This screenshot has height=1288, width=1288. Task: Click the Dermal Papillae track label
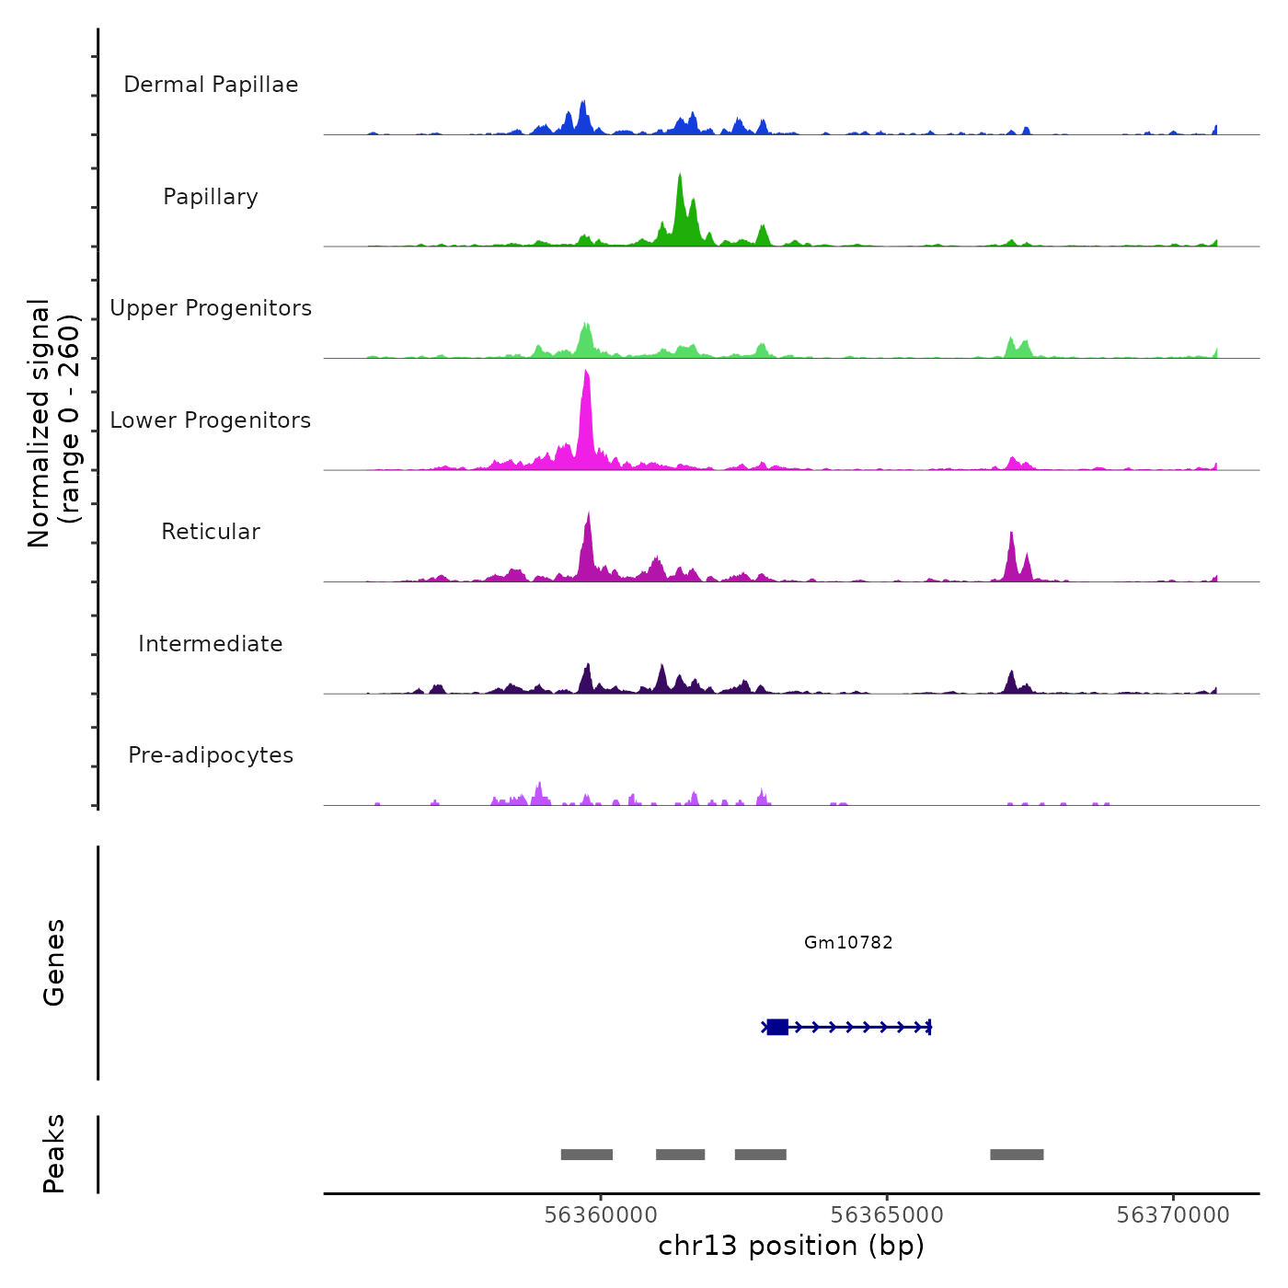[x=211, y=85]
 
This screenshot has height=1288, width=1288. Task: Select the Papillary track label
[x=211, y=197]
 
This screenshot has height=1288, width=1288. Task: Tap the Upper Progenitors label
[x=211, y=308]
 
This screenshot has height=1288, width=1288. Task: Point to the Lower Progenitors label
[x=211, y=420]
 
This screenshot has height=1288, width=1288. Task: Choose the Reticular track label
[x=211, y=532]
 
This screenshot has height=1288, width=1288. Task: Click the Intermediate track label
[x=211, y=644]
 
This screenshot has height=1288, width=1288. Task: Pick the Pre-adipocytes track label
[x=211, y=755]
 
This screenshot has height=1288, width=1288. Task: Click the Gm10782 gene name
[x=848, y=942]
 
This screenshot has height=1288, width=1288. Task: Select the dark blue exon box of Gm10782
[x=777, y=1027]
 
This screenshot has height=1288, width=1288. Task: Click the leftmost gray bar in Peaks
[x=587, y=1155]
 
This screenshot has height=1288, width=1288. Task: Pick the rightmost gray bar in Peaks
[x=1017, y=1155]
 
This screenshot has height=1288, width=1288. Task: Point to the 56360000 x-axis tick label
[x=601, y=1215]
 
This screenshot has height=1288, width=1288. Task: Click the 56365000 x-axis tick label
[x=887, y=1215]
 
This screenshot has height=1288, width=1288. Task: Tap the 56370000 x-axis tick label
[x=1173, y=1215]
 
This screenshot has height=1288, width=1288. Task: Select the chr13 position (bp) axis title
[x=791, y=1246]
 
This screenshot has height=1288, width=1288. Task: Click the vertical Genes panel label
[x=54, y=962]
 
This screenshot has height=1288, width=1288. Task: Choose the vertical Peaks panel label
[x=54, y=1154]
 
